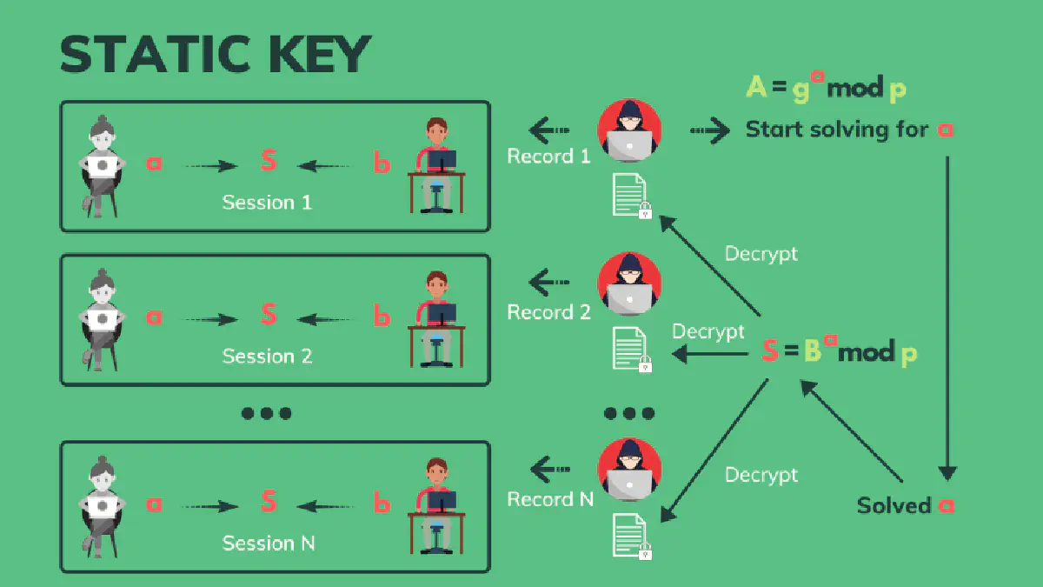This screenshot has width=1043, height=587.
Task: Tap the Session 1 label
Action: pos(266,203)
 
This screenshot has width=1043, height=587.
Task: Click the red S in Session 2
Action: pos(268,315)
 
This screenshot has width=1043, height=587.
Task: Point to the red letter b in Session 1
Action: pos(381,163)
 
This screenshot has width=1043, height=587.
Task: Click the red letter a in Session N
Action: pos(154,503)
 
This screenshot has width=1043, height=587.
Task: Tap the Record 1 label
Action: pos(548,157)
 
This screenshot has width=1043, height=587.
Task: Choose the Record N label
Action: pos(550,499)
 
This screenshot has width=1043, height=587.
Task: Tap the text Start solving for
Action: pos(837,130)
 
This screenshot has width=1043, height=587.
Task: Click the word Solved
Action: pos(893,505)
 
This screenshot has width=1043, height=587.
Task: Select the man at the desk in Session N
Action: pos(436,506)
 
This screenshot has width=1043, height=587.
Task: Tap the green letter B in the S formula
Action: pos(812,351)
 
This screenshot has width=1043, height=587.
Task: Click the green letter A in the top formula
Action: pos(756,87)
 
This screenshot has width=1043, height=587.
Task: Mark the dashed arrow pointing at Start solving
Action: pos(710,131)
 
